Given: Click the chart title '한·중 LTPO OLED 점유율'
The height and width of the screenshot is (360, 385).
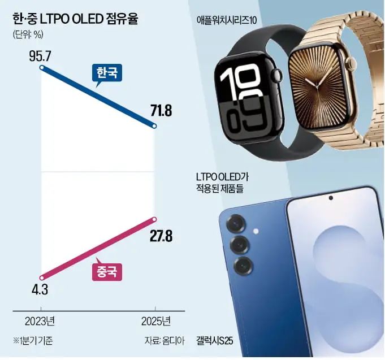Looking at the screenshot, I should click(76, 18).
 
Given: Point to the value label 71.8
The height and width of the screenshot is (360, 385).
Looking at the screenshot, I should click(161, 111).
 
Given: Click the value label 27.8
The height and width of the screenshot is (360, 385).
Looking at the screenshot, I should click(161, 235).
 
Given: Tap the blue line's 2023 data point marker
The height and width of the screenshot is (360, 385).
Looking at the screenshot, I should click(43, 67).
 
